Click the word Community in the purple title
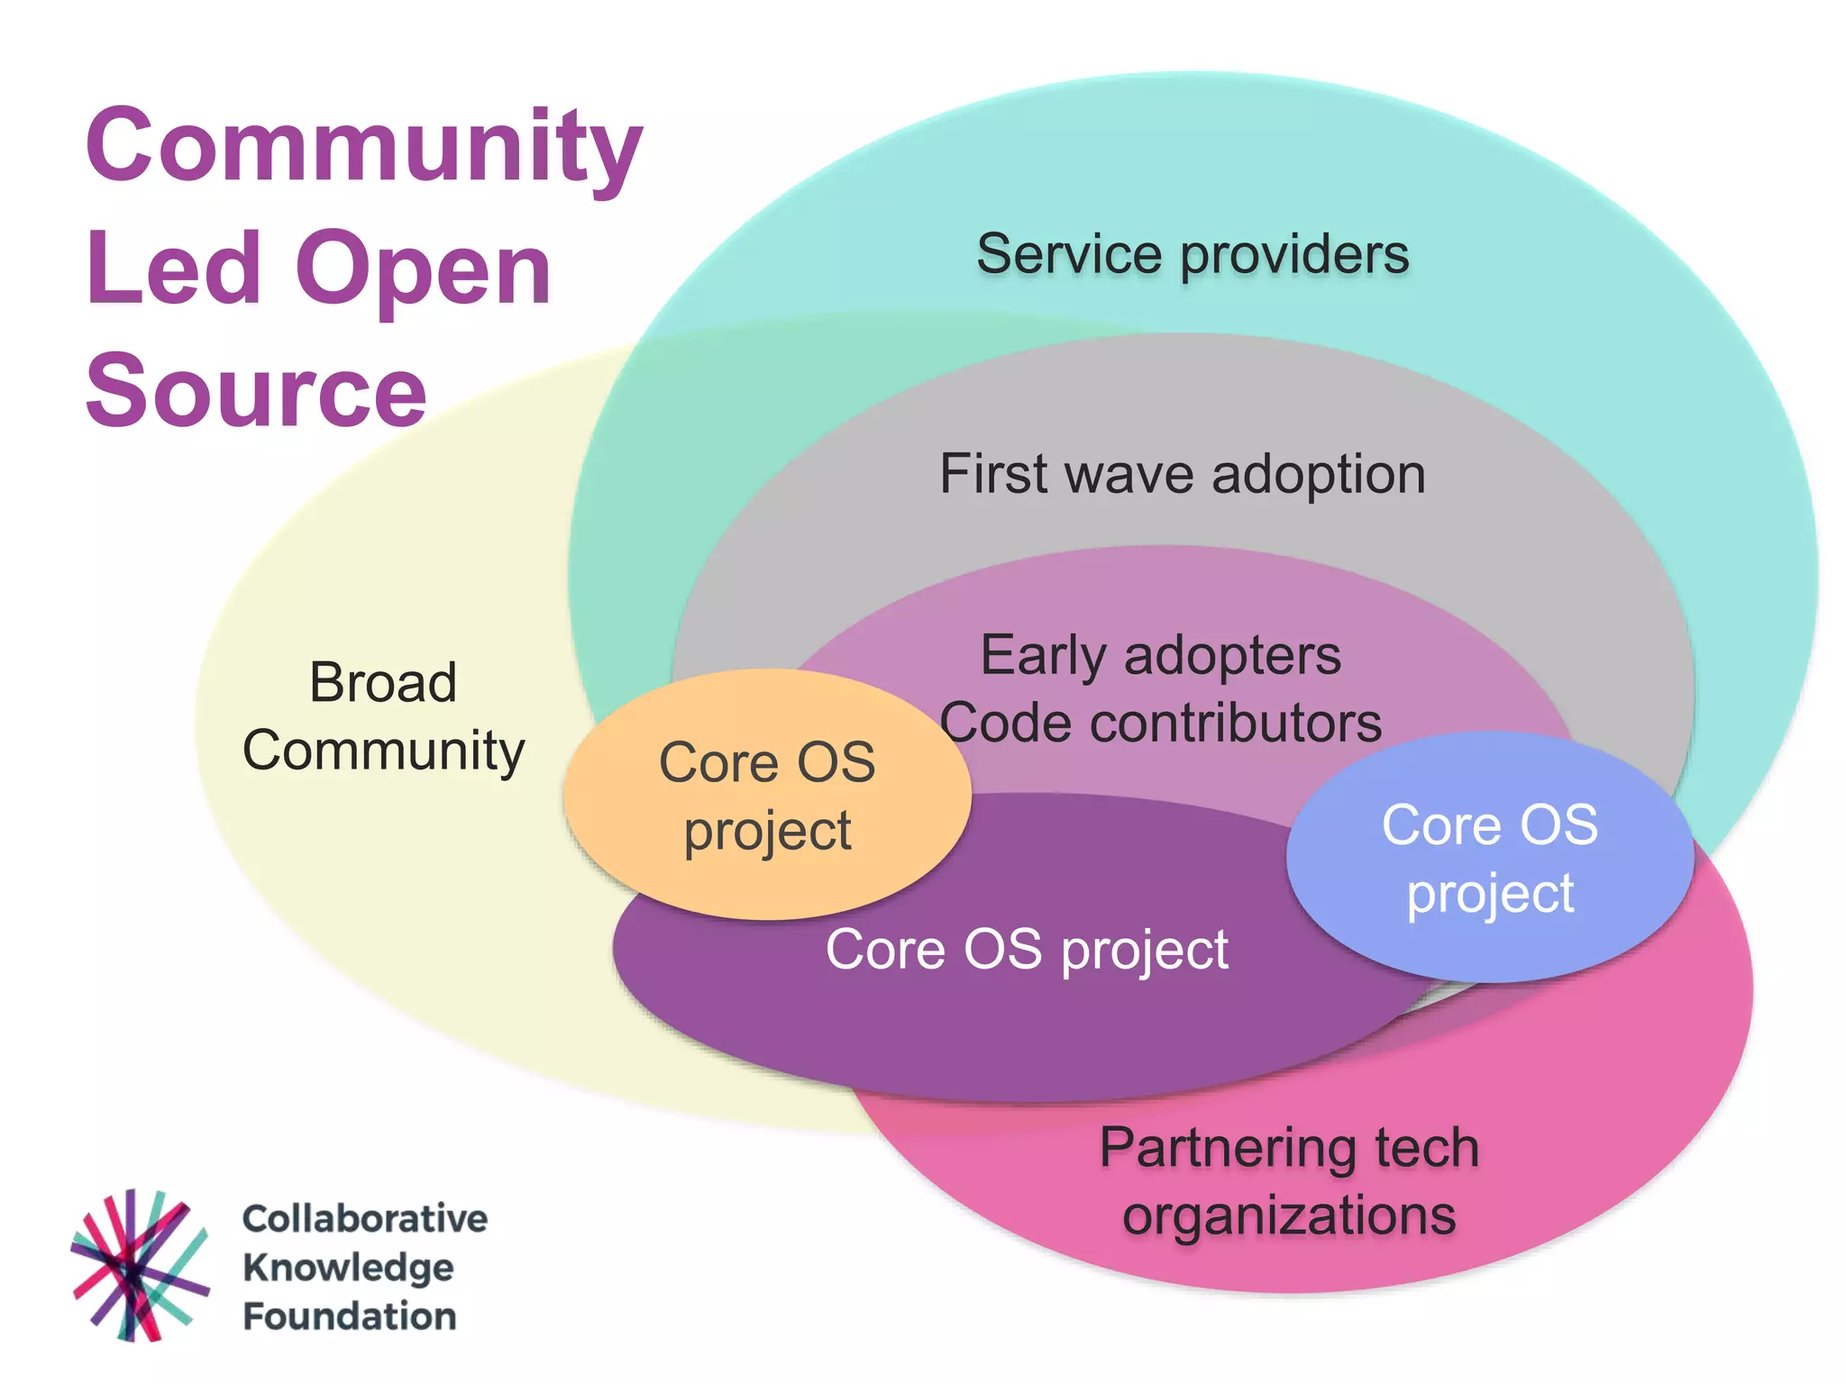(364, 146)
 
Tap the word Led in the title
(173, 269)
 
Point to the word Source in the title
(256, 391)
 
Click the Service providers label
(1192, 254)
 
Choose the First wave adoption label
(1182, 474)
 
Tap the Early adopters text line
(1160, 655)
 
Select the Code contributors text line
(1160, 723)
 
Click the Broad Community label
(383, 716)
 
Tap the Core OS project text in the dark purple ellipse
(1027, 950)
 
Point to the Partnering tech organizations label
(1289, 1181)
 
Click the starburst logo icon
(138, 1266)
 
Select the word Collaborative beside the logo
(365, 1218)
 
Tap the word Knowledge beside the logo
(348, 1268)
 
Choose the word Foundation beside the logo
(350, 1316)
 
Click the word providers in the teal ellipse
(1294, 255)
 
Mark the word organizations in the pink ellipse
(1289, 1216)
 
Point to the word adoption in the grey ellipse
(1318, 475)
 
